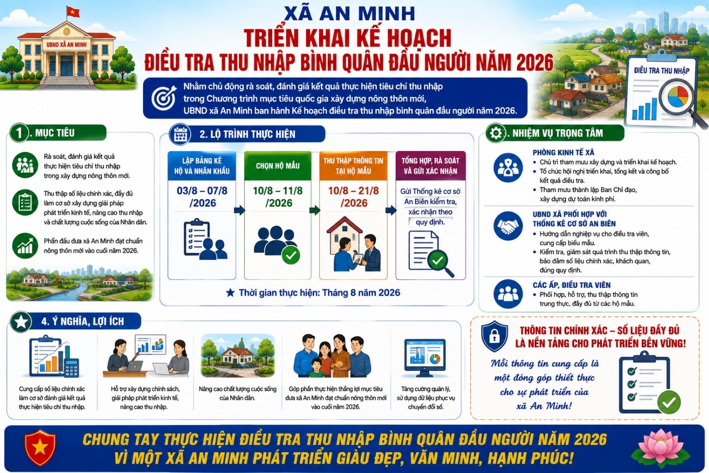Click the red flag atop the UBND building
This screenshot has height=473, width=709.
pos(73,12)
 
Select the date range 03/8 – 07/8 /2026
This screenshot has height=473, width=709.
pos(202,197)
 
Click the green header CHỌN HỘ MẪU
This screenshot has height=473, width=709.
pos(278,165)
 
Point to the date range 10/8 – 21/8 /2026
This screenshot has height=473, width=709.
pos(353,197)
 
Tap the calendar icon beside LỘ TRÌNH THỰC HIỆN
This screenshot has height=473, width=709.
pos(180,135)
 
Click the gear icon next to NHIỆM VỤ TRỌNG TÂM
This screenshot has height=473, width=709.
pos(495,133)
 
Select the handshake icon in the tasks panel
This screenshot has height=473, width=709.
pos(508,226)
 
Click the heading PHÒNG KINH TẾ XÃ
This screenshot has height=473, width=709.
pos(563,152)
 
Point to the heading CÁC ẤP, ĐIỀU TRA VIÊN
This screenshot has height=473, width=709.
pos(572,285)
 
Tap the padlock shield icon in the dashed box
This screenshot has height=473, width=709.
pos(495,336)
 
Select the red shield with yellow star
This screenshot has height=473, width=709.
pos(40,447)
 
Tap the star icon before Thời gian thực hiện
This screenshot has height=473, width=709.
pos(230,293)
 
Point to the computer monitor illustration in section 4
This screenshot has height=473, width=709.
pos(425,358)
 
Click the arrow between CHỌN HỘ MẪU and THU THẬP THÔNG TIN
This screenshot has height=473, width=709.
pos(315,210)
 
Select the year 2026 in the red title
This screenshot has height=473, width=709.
pos(535,63)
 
